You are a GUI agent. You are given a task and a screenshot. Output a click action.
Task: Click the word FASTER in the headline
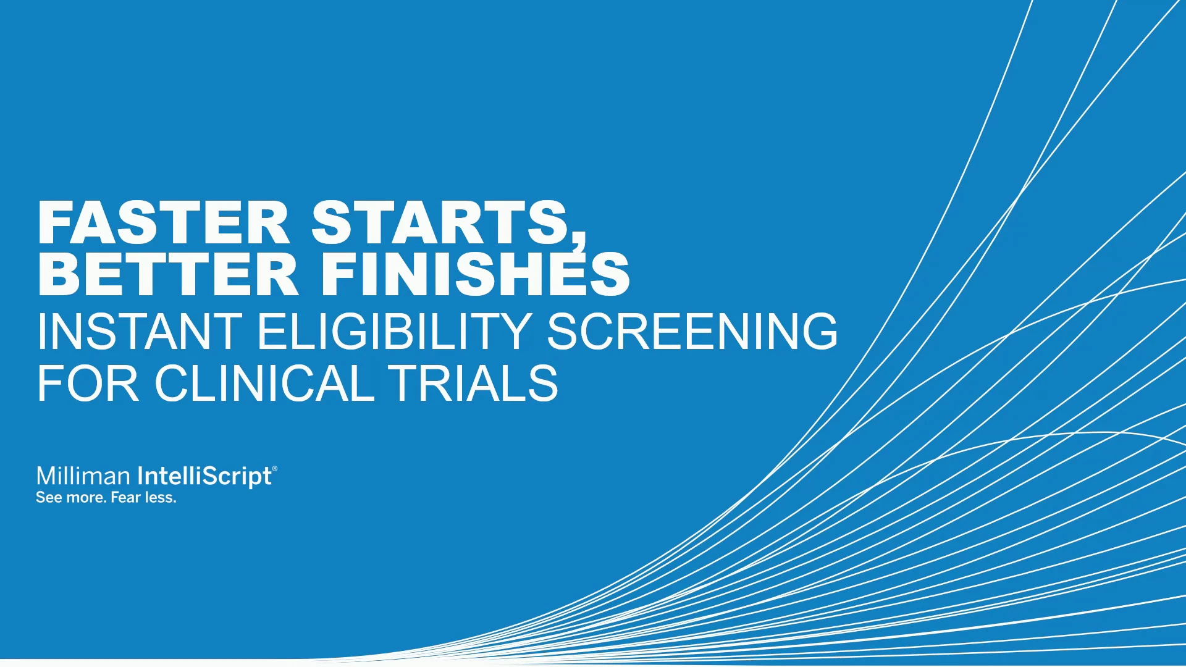(x=163, y=222)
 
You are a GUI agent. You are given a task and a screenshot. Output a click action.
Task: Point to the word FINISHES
(x=475, y=274)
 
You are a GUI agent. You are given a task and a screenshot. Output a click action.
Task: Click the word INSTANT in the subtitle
(x=140, y=331)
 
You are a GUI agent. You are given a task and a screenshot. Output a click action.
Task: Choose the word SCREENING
(x=692, y=331)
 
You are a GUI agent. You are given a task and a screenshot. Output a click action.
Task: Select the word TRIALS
(x=473, y=383)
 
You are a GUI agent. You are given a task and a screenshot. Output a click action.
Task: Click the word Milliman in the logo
(x=83, y=476)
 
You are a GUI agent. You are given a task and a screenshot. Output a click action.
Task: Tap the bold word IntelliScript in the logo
(x=204, y=477)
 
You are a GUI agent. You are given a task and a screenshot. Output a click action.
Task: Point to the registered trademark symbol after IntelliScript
(x=275, y=469)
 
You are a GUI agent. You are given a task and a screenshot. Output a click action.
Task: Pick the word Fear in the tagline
(x=125, y=497)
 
